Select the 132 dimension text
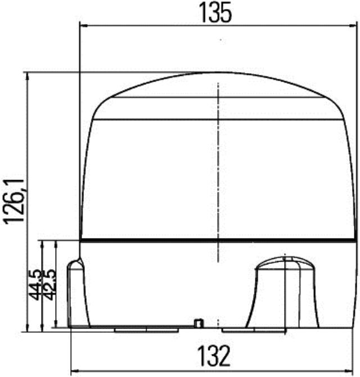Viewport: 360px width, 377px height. coord(214,355)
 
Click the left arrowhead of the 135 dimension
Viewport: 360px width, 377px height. coord(84,25)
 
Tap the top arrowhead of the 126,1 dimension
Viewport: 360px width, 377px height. coord(27,76)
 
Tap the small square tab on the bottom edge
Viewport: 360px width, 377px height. coord(197,323)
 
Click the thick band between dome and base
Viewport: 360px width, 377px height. coord(218,241)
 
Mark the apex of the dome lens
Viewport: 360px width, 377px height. coord(218,73)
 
